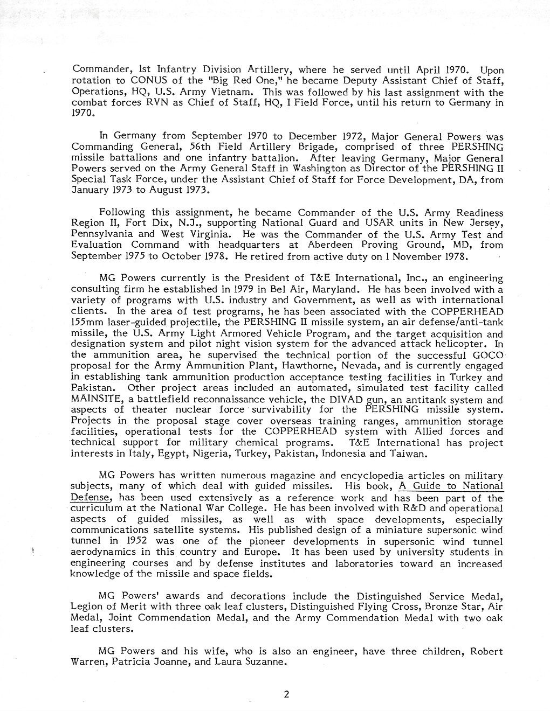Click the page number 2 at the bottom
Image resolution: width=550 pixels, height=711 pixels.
click(x=286, y=694)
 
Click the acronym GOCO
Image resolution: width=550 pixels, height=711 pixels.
click(x=486, y=355)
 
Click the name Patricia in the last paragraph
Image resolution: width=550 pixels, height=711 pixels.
click(x=130, y=663)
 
